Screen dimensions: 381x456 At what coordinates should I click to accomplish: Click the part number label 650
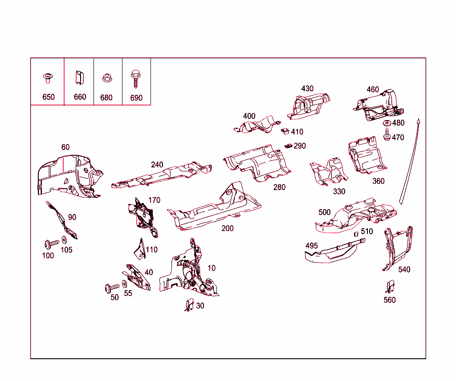click(x=49, y=97)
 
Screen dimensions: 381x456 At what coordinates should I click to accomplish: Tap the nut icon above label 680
click(x=106, y=78)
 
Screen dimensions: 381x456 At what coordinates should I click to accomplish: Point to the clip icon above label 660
click(x=79, y=77)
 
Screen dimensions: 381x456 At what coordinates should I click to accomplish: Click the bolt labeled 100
click(x=51, y=244)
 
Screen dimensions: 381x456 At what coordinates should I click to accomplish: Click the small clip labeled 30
click(x=189, y=305)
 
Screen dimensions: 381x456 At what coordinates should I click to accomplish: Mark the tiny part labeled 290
click(x=288, y=146)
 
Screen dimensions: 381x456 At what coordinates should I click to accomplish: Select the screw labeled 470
click(x=387, y=134)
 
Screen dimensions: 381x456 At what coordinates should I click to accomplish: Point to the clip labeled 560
click(x=390, y=287)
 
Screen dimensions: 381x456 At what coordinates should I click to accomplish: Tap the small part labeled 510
click(x=356, y=233)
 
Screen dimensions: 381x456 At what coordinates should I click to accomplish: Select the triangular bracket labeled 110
click(x=140, y=249)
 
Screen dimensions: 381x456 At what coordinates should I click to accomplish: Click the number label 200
click(x=228, y=228)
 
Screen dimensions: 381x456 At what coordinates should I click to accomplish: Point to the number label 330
click(x=339, y=191)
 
